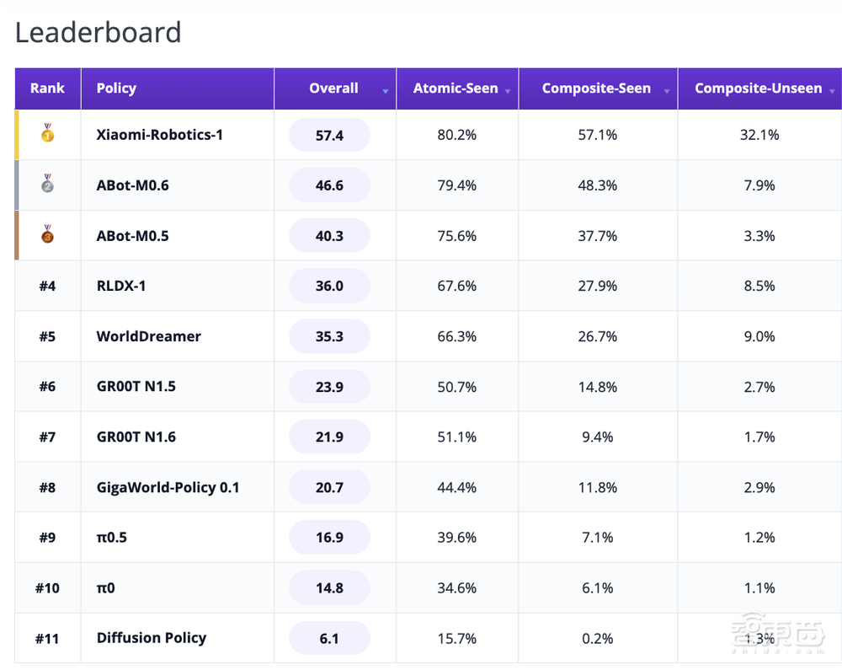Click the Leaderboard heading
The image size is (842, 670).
(x=99, y=32)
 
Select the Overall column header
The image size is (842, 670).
(x=333, y=88)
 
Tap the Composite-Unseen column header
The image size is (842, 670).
(x=759, y=88)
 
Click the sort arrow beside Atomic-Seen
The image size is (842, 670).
(x=508, y=91)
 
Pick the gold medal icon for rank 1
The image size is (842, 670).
(x=48, y=132)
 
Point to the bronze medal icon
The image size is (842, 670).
(x=48, y=233)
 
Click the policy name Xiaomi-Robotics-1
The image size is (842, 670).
(x=159, y=134)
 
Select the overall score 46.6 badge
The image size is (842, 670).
(x=329, y=185)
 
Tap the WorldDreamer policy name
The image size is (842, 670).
(x=149, y=336)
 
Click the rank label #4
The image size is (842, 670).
(x=47, y=286)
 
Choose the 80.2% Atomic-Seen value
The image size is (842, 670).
(x=457, y=135)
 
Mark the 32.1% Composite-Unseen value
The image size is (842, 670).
(x=759, y=135)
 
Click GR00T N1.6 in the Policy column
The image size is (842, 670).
(x=136, y=437)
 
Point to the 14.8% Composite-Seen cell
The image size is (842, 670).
(x=598, y=387)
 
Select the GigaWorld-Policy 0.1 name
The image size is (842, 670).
(x=168, y=487)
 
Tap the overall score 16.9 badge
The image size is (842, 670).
(x=329, y=538)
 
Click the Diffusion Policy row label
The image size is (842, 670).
(x=152, y=638)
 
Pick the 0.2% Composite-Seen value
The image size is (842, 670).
(x=598, y=638)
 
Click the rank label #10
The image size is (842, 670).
(x=47, y=587)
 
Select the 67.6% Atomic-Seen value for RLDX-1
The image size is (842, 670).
(x=457, y=286)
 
